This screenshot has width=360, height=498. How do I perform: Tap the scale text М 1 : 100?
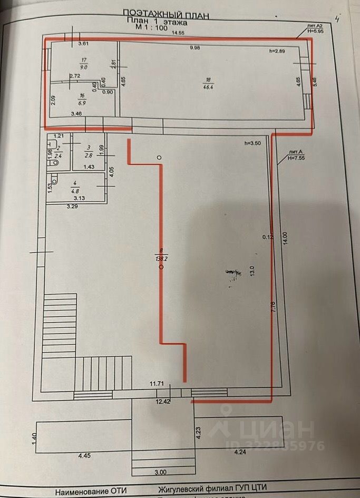point(151,28)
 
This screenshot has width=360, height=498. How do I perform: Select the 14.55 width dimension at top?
point(177,33)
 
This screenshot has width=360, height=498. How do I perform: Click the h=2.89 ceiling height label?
point(277,51)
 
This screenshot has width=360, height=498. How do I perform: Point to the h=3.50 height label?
point(253,143)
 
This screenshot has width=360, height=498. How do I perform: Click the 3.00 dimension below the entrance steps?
point(160,472)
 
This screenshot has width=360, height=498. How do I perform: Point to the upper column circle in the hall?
point(160,157)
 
